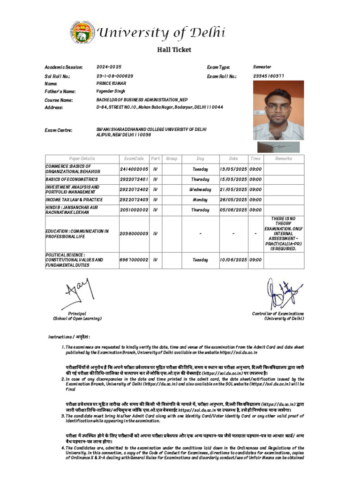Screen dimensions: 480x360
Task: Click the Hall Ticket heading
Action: click(x=173, y=50)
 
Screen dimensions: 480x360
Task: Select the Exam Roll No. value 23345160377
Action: click(x=269, y=75)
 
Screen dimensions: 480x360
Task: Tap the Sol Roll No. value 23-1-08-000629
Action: click(x=115, y=75)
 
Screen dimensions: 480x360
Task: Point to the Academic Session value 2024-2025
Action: click(x=109, y=67)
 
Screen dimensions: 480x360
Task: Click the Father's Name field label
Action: click(x=60, y=92)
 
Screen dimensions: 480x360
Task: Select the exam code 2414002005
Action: click(x=134, y=169)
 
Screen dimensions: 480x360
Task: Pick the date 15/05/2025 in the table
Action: click(x=233, y=179)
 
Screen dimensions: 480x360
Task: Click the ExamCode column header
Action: click(x=134, y=158)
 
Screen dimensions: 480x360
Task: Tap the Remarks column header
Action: click(x=283, y=158)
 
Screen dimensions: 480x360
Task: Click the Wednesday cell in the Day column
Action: click(x=200, y=189)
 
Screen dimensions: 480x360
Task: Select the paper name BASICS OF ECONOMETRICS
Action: click(x=72, y=179)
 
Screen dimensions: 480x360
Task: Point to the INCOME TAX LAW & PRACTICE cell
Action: click(x=74, y=200)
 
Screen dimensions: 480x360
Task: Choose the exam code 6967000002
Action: click(x=134, y=259)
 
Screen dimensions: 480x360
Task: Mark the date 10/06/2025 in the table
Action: click(x=233, y=259)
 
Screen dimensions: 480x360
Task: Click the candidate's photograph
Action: click(x=278, y=110)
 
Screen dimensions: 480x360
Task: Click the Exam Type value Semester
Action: click(x=262, y=67)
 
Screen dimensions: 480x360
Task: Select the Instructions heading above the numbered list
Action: click(x=69, y=337)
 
